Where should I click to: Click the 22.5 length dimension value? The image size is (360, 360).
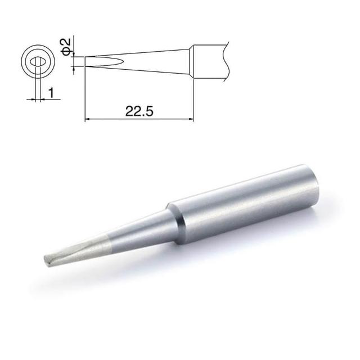139,111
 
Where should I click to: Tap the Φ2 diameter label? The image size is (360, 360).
66,47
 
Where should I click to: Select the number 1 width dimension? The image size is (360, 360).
51,92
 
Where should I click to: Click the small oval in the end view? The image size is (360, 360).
38,61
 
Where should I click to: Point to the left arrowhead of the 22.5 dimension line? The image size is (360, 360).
88,119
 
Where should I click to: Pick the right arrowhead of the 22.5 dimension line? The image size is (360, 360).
191,119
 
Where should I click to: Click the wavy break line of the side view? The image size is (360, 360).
226,61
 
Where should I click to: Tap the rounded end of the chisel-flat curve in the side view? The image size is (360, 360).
123,61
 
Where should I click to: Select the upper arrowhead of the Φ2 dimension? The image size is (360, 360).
74,54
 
